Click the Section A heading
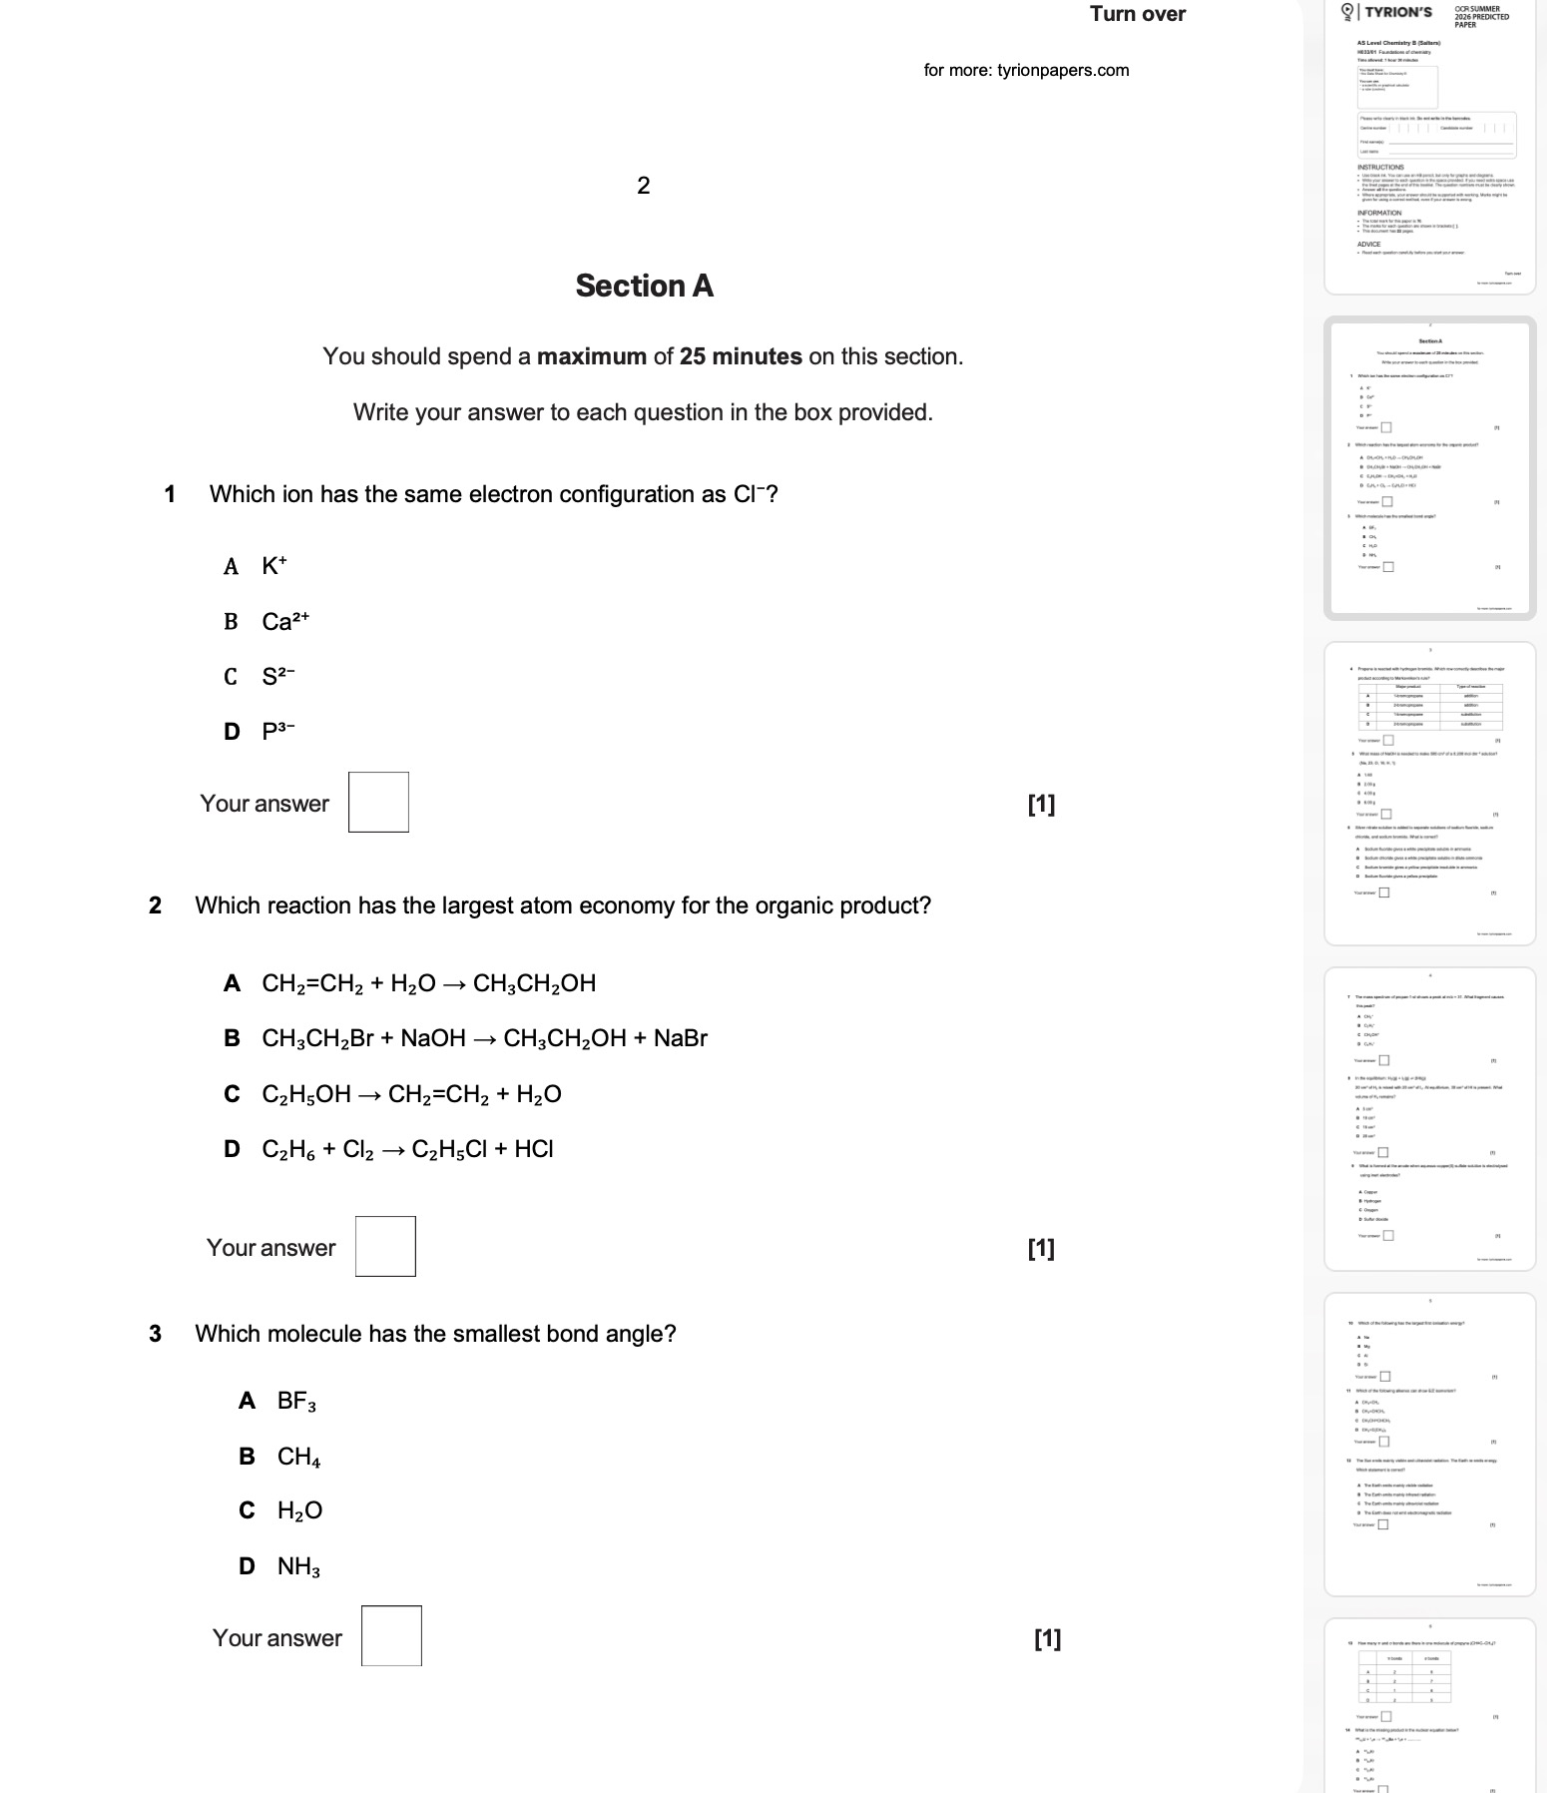[x=644, y=287]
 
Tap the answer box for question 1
[x=378, y=802]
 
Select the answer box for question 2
[x=385, y=1246]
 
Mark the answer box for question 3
[x=391, y=1635]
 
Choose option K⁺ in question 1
[x=273, y=566]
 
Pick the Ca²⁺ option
[x=285, y=621]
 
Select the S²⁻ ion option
[x=278, y=676]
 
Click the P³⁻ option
[x=278, y=731]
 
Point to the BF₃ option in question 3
[x=296, y=1401]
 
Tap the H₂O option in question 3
[x=299, y=1510]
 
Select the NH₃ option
[x=298, y=1566]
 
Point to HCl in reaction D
[x=533, y=1149]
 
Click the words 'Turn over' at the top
[x=1137, y=14]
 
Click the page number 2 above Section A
[x=643, y=185]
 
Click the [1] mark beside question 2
[x=1041, y=1248]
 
